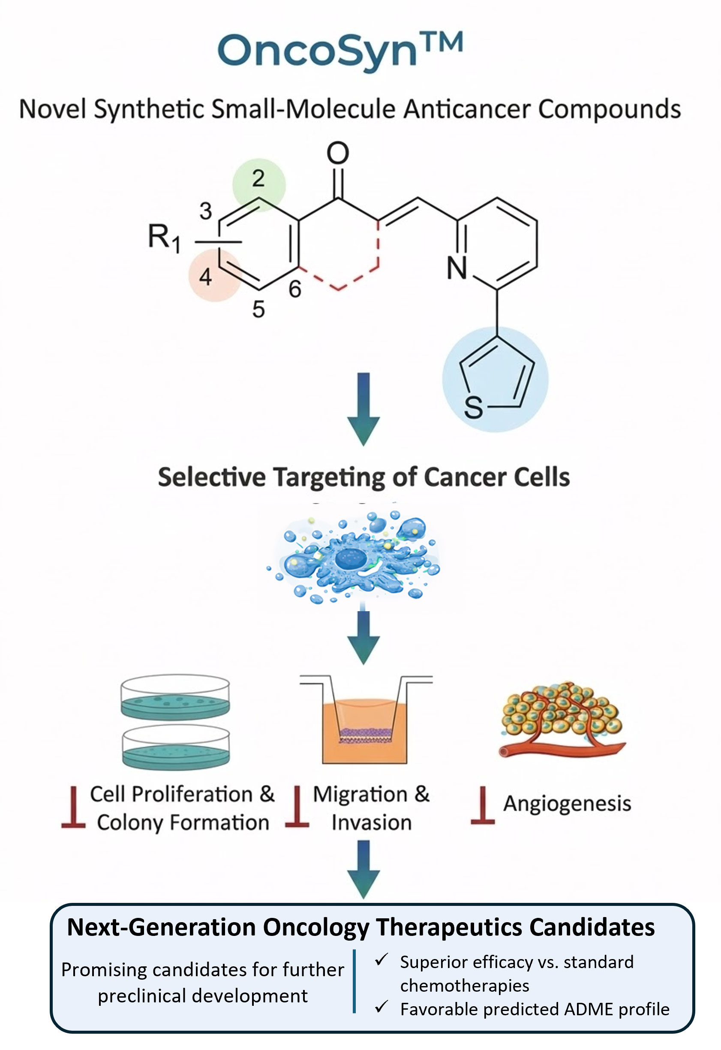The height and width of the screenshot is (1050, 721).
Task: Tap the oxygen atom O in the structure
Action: pos(338,153)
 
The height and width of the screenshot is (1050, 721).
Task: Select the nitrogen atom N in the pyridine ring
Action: pos(457,268)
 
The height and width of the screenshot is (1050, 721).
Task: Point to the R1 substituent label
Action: pos(164,237)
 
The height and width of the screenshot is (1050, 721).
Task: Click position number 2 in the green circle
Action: pos(258,178)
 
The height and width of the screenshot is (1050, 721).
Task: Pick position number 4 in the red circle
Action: pos(206,277)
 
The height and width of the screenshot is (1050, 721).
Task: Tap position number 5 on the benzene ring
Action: pos(258,310)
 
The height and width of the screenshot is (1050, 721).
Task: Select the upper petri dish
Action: pos(175,697)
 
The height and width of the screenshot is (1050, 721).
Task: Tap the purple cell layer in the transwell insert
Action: pos(364,734)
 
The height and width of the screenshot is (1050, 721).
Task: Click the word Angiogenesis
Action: pos(567,804)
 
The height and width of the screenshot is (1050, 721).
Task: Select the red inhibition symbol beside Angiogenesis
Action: pos(483,806)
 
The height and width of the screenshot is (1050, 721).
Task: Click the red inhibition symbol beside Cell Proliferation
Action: pos(73,808)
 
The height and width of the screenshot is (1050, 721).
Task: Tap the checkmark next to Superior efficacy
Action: pos(382,959)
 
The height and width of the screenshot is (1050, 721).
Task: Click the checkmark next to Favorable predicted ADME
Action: pos(382,1006)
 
